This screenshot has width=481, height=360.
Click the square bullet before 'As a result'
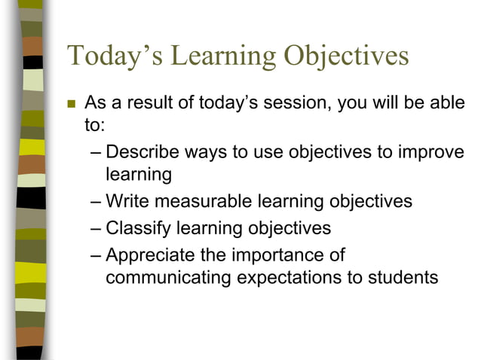tap(72, 103)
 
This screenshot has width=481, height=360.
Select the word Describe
tap(143, 151)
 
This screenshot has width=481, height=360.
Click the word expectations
tap(290, 277)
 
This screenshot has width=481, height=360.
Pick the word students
tap(403, 277)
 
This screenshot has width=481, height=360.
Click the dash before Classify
tap(94, 227)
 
